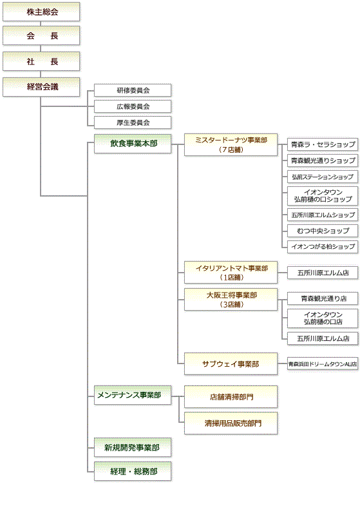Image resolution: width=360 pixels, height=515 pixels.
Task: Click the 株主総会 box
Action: [42, 11]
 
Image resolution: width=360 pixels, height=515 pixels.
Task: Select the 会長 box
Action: [42, 36]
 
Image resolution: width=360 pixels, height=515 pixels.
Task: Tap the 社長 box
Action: [42, 61]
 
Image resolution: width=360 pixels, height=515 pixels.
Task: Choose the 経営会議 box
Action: [42, 86]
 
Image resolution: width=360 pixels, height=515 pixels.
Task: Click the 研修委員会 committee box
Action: [133, 90]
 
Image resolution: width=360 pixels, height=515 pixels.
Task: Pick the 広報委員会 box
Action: [133, 106]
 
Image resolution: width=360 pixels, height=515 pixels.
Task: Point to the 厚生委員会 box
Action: [133, 122]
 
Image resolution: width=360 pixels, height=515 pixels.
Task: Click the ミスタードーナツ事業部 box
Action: [231, 144]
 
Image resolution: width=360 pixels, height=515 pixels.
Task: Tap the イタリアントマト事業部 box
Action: [231, 272]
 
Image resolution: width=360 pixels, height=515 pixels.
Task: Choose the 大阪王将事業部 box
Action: [231, 299]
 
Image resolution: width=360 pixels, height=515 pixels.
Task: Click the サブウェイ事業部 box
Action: [231, 364]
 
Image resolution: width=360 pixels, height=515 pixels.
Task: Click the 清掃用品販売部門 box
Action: [231, 423]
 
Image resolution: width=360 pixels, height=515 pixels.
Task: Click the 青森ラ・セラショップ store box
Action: [323, 144]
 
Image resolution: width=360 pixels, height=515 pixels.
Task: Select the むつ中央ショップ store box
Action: [323, 231]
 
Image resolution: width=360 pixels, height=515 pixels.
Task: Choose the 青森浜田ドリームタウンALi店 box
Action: [323, 364]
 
